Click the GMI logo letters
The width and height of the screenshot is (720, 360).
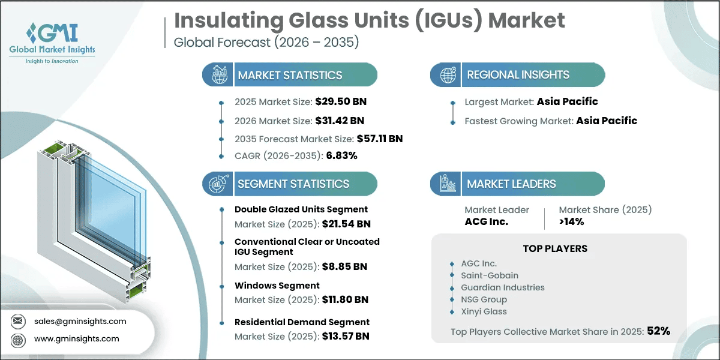(52, 32)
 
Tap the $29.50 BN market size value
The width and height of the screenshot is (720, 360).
(341, 101)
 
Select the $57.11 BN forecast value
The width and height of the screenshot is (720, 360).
(380, 139)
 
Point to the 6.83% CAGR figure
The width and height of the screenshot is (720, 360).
(341, 155)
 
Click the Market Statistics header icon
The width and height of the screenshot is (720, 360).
(219, 74)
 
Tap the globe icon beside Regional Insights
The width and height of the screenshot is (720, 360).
(448, 75)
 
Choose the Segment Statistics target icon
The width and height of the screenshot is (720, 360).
(218, 184)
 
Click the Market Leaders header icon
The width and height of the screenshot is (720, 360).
(448, 184)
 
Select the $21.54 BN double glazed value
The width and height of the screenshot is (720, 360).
(346, 224)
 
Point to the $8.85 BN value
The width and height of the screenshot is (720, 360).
(344, 266)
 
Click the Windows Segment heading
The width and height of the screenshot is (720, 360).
(277, 286)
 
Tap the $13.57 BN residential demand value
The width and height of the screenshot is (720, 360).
(346, 336)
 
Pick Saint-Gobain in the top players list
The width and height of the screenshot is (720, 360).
(490, 275)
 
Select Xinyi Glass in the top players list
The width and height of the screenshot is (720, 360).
(484, 311)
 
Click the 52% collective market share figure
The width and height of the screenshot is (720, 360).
(659, 331)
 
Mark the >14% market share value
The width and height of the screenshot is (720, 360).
(571, 221)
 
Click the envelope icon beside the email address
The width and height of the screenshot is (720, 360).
(17, 321)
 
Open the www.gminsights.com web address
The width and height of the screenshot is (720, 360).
(77, 338)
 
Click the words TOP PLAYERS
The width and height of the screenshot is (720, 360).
(555, 248)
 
